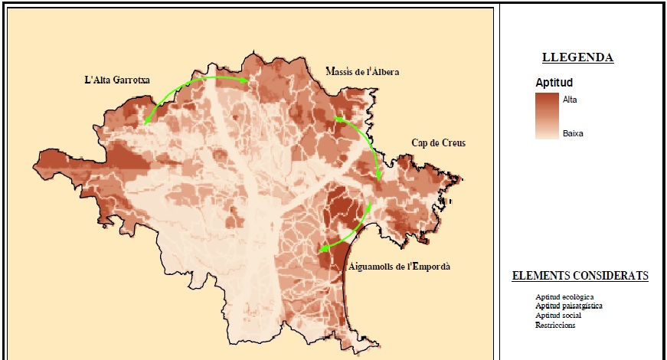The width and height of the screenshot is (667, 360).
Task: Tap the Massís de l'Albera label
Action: pos(361,72)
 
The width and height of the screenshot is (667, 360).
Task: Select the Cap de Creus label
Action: pos(438,143)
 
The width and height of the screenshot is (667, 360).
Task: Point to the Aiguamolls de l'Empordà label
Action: pos(399,267)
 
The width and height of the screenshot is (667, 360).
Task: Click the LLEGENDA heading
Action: pos(577,57)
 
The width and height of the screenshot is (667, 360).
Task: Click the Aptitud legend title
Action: pos(555,82)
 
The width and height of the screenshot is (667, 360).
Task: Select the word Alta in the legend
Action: pos(571,100)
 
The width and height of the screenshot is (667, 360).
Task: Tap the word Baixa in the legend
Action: pos(573,133)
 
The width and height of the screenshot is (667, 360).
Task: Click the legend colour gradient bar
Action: pos(547,116)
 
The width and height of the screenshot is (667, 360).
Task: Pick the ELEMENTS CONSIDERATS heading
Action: pos(580,276)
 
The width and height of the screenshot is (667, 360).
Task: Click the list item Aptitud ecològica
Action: pos(565,297)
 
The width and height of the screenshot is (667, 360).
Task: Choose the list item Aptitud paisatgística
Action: pos(569,306)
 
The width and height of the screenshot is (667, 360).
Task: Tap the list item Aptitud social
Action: pos(558,316)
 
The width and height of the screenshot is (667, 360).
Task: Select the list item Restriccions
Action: pos(555,325)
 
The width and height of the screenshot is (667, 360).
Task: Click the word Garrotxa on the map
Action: pos(132,79)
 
